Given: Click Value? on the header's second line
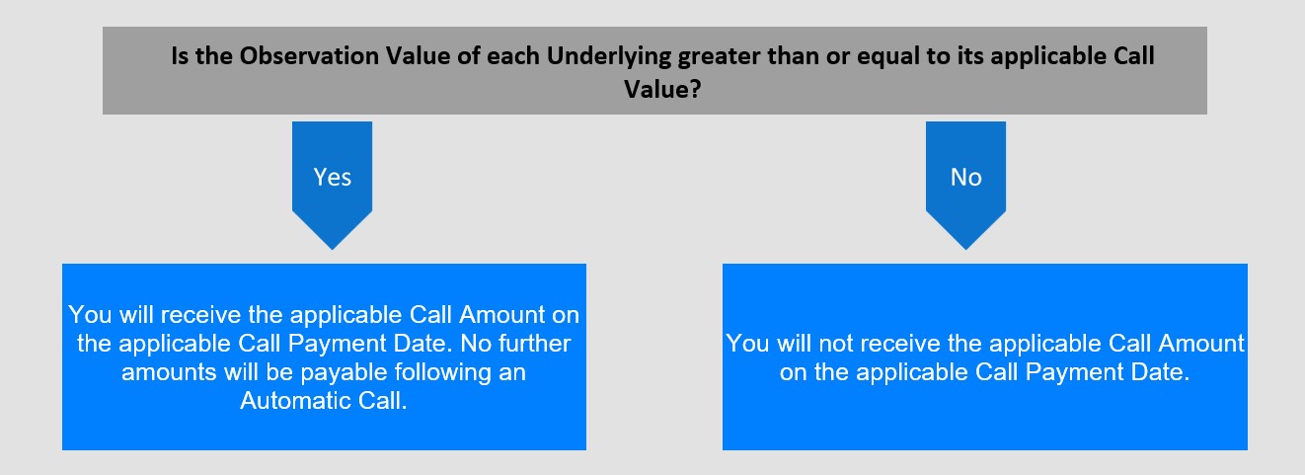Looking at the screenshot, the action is (662, 89).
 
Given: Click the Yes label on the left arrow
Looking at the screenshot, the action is (332, 177).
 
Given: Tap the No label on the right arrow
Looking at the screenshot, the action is (966, 177).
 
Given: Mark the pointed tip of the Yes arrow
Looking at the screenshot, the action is (332, 250).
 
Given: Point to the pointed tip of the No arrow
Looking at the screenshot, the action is (966, 250).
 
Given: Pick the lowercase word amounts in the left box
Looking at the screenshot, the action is (169, 372).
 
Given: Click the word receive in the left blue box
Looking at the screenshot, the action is (201, 315).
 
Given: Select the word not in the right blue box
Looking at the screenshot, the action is (835, 344).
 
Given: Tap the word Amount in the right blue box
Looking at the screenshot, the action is (1201, 344).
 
